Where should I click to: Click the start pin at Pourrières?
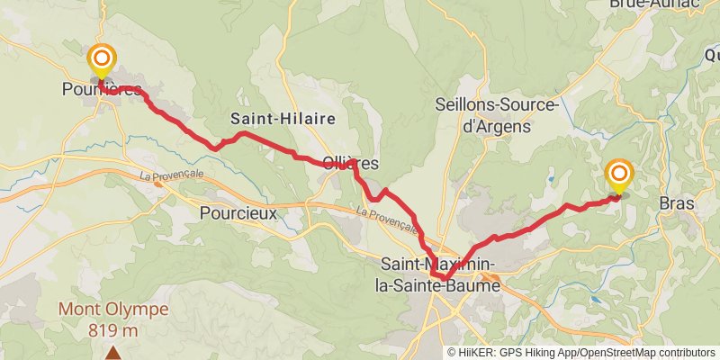[x=101, y=59]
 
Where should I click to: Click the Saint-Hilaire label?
[x=283, y=118]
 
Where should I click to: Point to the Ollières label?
[x=351, y=163]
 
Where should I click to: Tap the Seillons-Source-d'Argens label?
[x=499, y=114]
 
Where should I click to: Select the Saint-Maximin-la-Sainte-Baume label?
[x=439, y=274]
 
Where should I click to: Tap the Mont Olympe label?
[x=113, y=309]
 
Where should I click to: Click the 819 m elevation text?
[x=113, y=329]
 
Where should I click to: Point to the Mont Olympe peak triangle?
[x=113, y=354]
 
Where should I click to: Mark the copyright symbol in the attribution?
[x=452, y=353]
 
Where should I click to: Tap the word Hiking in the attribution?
[x=539, y=353]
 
